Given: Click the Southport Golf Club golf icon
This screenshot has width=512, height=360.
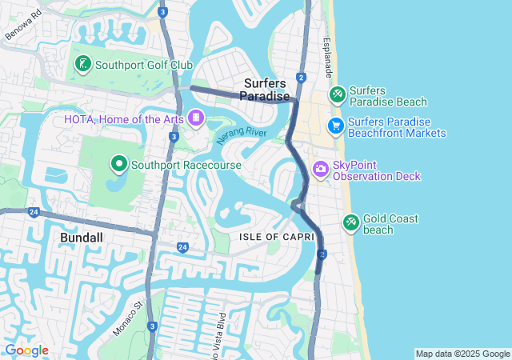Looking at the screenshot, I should pyautogui.click(x=82, y=64).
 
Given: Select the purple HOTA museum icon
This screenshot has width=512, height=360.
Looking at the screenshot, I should pyautogui.click(x=195, y=120).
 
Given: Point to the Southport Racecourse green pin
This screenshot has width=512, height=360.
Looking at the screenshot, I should pyautogui.click(x=119, y=164).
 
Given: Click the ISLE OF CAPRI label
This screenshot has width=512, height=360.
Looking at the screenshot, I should pyautogui.click(x=272, y=237).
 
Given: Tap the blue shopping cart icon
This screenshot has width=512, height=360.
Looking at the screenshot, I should pyautogui.click(x=335, y=126).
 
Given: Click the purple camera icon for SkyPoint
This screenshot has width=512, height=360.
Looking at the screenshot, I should pyautogui.click(x=320, y=169).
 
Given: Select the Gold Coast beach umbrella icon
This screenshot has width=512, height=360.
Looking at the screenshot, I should pyautogui.click(x=350, y=222).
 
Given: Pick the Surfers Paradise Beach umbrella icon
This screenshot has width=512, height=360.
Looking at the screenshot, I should pyautogui.click(x=337, y=95).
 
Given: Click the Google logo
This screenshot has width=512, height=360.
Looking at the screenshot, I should pyautogui.click(x=26, y=350).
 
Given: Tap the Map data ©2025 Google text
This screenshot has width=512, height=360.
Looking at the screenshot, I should pyautogui.click(x=462, y=354).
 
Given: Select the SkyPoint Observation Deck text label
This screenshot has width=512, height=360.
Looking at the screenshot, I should pyautogui.click(x=376, y=170).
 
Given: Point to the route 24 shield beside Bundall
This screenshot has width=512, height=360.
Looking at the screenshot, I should pyautogui.click(x=33, y=212).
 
